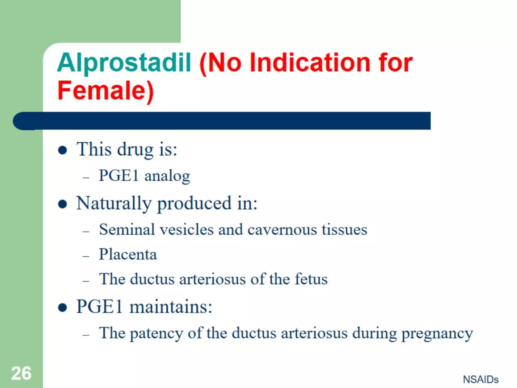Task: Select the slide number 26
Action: pos(21,373)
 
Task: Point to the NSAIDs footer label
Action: pos(481,379)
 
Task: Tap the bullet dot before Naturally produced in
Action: pos(62,204)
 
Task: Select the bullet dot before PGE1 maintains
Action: pos(62,307)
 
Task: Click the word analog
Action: pos(167,176)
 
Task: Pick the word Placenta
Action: pos(128,254)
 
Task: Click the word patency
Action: pos(156,333)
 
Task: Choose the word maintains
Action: pos(171,307)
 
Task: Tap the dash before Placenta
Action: pos(86,256)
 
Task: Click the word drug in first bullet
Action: pos(135,150)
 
